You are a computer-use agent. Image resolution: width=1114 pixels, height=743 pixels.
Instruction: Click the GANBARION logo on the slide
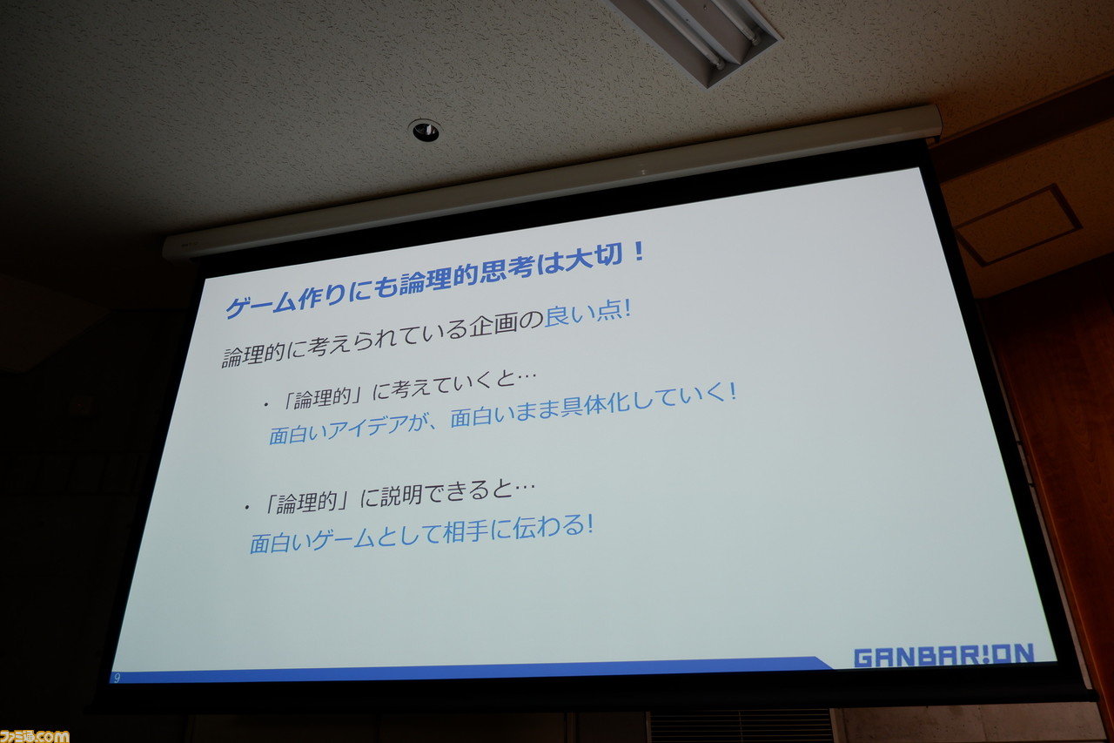[x=944, y=655]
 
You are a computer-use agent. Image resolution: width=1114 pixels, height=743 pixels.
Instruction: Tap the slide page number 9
[x=117, y=678]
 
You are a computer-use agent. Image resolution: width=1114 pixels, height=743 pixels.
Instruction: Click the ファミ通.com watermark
[x=34, y=736]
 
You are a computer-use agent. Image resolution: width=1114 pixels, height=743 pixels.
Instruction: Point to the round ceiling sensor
[x=426, y=131]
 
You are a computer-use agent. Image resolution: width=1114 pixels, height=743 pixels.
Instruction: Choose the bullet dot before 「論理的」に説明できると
[x=246, y=508]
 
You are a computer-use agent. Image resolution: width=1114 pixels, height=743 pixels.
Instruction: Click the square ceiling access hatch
[x=1017, y=225]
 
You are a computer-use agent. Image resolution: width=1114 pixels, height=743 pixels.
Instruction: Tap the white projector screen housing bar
[x=552, y=181]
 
